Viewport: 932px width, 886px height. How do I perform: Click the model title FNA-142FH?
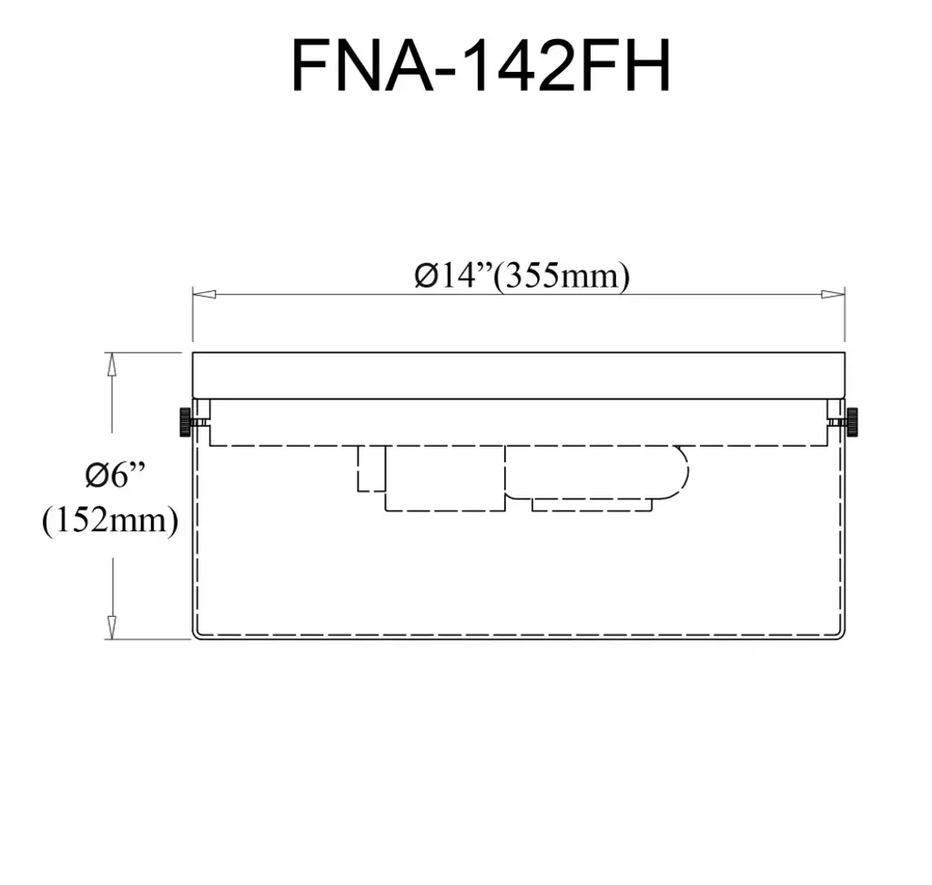(x=481, y=65)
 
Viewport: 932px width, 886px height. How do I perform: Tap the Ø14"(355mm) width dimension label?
(x=522, y=276)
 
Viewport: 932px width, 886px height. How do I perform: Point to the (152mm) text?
(x=110, y=520)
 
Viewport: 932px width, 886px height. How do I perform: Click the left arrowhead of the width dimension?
(x=204, y=294)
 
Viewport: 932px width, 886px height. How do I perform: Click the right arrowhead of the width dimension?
(x=833, y=294)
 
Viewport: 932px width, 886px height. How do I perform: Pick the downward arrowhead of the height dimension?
(x=111, y=628)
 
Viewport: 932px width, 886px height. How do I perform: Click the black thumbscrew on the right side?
(x=853, y=422)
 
